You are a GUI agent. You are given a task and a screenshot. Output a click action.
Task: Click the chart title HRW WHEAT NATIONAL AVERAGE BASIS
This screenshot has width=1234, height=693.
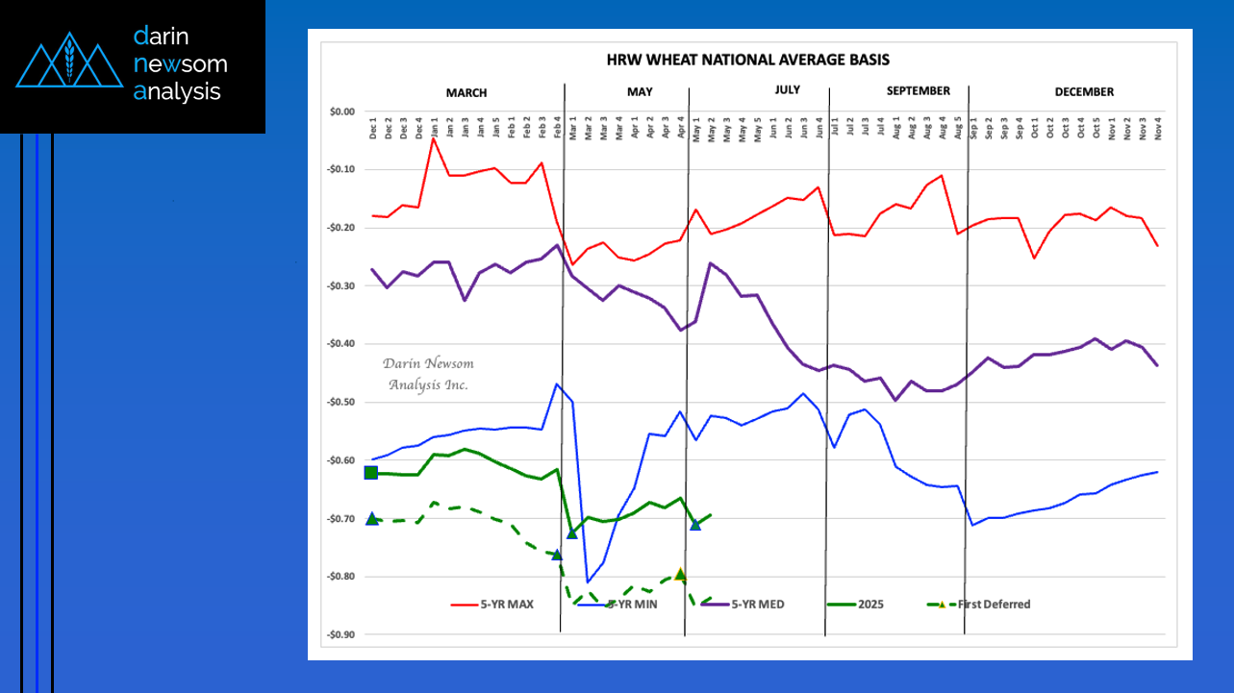(747, 60)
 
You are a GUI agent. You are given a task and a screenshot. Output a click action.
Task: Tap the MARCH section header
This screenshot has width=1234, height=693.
(466, 93)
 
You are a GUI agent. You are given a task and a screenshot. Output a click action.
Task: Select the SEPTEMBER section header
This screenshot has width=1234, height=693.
(918, 91)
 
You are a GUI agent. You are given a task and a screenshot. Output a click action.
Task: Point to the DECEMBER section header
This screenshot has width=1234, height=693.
(1083, 92)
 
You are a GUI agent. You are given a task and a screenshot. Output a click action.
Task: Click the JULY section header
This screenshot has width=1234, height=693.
(786, 90)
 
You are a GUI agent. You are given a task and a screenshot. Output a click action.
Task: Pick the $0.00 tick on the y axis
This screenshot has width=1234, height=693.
(341, 111)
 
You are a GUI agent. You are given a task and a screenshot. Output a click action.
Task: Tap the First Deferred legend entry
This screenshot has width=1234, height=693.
(994, 605)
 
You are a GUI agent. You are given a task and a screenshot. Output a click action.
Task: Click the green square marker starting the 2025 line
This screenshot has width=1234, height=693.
(371, 472)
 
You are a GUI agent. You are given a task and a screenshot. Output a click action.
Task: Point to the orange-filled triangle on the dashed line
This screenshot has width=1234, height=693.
(680, 574)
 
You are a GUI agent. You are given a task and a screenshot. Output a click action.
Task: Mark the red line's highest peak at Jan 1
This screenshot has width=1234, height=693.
(434, 138)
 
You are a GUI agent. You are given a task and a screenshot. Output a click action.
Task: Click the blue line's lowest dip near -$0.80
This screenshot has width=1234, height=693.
(588, 582)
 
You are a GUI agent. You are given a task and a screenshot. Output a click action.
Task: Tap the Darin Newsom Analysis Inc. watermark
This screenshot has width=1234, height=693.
(428, 374)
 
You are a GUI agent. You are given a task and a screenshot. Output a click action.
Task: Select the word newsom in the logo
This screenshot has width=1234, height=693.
(181, 64)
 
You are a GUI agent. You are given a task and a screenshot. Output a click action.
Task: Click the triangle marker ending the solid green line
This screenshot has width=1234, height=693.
(695, 524)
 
